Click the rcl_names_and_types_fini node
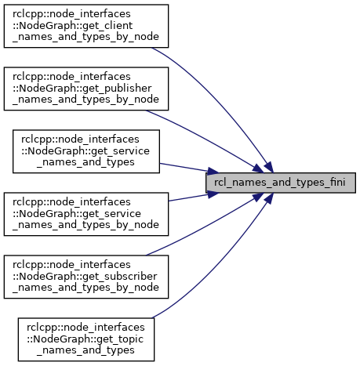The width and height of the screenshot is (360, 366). pos(281,183)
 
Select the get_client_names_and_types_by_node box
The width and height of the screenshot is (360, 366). pos(86,26)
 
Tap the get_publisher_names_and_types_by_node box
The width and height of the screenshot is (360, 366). pos(86,89)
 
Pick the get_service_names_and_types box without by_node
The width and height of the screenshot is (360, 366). pos(86,151)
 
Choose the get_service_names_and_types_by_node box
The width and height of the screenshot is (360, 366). pos(86,214)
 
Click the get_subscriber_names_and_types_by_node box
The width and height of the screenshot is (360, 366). pos(86,277)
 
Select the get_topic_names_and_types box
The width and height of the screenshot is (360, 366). pos(86,339)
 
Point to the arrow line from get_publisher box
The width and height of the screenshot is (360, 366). pos(206,139)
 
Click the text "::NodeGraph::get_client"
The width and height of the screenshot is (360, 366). pos(72,26)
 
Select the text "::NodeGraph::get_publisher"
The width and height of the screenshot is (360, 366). pos(82,89)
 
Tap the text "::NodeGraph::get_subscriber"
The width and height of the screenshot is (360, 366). pos(85,277)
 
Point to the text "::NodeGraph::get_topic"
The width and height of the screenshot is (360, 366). pos(85,339)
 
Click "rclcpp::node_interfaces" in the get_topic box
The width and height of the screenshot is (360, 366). pos(85,328)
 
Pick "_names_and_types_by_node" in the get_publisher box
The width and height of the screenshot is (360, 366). pos(85,100)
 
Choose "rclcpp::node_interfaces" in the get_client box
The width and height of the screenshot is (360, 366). pos(71,14)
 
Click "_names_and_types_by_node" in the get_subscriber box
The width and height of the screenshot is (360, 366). pos(85,288)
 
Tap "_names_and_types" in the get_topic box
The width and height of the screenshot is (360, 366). pos(85,350)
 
